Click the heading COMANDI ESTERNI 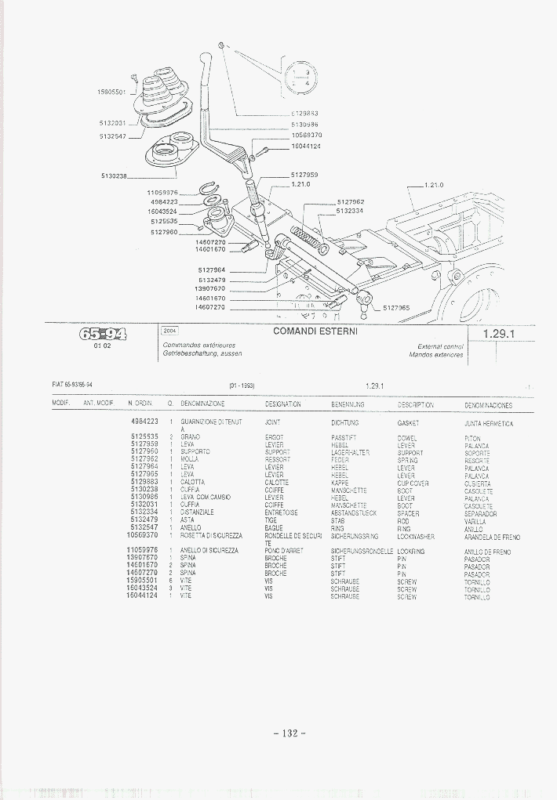pos(315,331)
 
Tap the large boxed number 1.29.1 pos(497,334)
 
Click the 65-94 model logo pos(102,335)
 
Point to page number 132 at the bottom pos(289,733)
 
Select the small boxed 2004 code pos(169,331)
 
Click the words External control pos(440,346)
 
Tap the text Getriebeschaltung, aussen pos(202,354)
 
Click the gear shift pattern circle pos(300,77)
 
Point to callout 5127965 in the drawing pos(396,308)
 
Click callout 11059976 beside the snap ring pos(163,193)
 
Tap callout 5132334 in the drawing pos(350,211)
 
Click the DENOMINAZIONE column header pos(202,404)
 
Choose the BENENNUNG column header pos(348,404)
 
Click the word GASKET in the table pos(408,422)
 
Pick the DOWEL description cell pos(407,437)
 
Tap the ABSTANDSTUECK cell pos(354,513)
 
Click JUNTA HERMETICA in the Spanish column pos(488,423)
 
